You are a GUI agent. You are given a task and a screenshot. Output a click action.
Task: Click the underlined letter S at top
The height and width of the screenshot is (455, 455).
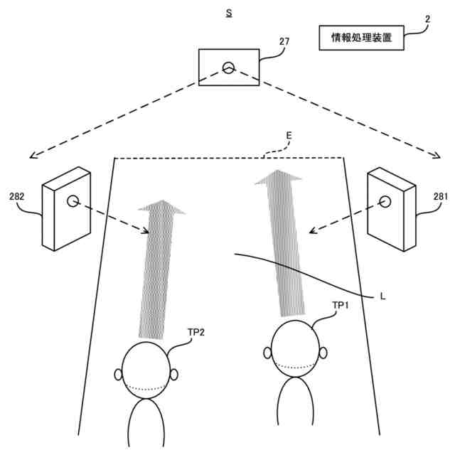227,13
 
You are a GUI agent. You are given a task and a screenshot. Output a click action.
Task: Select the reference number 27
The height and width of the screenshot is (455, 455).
284,42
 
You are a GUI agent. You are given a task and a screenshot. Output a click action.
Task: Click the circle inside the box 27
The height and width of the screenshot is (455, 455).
228,68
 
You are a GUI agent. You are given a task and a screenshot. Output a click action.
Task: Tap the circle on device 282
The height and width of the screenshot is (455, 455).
73,201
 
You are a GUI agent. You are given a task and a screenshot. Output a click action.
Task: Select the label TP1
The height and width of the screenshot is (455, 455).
341,305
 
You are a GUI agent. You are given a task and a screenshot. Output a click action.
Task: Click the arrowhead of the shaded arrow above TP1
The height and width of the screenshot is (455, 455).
279,178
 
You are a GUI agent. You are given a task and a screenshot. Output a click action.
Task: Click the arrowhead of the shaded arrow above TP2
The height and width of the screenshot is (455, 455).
162,208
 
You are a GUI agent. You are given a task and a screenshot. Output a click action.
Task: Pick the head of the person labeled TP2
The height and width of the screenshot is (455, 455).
146,370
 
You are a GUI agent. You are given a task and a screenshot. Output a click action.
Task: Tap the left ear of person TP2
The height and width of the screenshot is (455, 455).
118,374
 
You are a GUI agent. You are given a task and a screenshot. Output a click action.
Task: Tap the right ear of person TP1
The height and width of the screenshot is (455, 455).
323,353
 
